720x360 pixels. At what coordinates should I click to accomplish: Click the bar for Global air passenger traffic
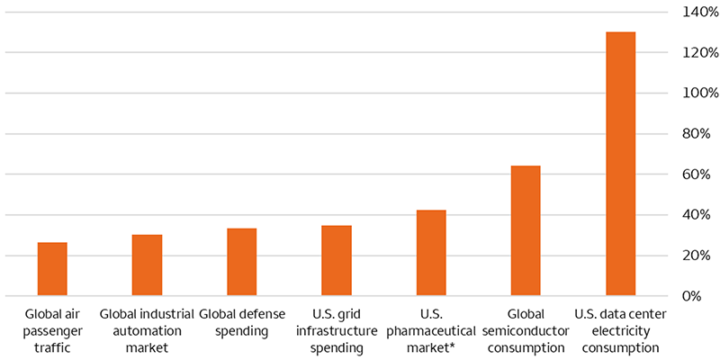click(x=52, y=269)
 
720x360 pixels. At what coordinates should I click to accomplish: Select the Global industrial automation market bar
click(x=147, y=265)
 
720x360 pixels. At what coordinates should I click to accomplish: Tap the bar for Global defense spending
click(x=241, y=262)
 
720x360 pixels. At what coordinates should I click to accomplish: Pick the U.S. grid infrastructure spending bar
click(x=337, y=261)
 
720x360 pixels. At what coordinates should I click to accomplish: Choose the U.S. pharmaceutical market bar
click(x=431, y=253)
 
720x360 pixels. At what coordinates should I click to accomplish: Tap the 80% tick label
click(x=692, y=133)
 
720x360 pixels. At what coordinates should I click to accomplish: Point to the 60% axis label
click(x=692, y=174)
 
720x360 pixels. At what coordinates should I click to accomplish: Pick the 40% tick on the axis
click(x=692, y=214)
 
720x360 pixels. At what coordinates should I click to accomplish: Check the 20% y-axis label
click(x=692, y=256)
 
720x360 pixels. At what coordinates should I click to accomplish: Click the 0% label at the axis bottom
click(x=696, y=296)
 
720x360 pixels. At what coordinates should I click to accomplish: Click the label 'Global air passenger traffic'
click(x=52, y=329)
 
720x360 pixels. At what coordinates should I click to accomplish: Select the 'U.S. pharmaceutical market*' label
click(x=431, y=329)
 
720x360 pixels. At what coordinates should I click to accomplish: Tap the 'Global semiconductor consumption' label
click(x=526, y=329)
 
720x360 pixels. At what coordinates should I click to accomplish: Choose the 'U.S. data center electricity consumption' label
click(x=620, y=329)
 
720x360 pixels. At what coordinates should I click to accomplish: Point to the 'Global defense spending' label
click(x=241, y=322)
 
